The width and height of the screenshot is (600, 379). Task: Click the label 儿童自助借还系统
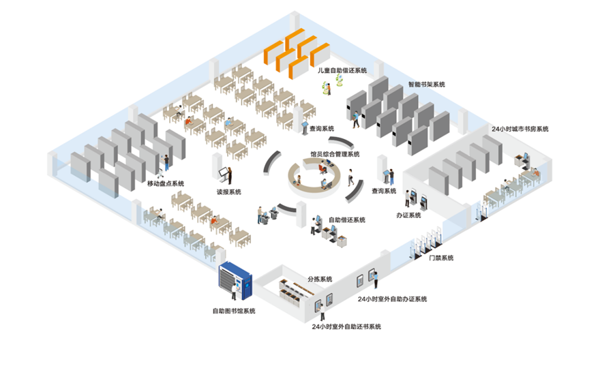(x=342, y=70)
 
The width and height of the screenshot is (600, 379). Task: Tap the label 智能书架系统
(x=427, y=85)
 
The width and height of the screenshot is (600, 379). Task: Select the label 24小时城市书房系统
(x=520, y=129)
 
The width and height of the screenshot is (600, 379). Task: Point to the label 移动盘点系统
(x=166, y=183)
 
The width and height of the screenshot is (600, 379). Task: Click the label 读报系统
(x=229, y=192)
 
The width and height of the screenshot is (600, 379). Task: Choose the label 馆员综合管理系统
(x=335, y=154)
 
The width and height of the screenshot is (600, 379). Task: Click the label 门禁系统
(x=440, y=258)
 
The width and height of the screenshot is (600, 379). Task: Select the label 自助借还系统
(x=347, y=219)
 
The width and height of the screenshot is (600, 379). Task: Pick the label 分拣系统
(x=320, y=279)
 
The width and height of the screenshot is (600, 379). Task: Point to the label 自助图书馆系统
(x=234, y=312)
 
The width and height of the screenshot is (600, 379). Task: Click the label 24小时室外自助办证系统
(x=393, y=299)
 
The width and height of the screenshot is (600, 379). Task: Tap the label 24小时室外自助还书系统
(x=346, y=327)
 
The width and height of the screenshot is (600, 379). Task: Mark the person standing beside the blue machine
(x=235, y=292)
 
